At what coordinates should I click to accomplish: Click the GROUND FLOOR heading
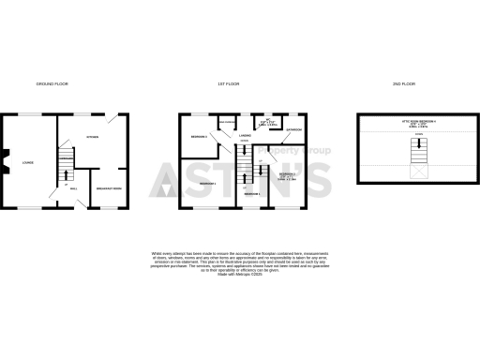(x=52, y=84)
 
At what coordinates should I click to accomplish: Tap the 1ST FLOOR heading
(x=229, y=84)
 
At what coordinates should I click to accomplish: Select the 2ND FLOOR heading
(x=404, y=84)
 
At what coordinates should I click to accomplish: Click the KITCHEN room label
(x=93, y=138)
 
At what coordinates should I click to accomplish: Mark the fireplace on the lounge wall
(x=7, y=161)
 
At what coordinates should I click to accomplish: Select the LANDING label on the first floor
(x=244, y=137)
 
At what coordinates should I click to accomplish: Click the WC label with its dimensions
(x=265, y=123)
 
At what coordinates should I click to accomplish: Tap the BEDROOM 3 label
(x=199, y=138)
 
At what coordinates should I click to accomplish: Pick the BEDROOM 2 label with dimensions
(x=287, y=175)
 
